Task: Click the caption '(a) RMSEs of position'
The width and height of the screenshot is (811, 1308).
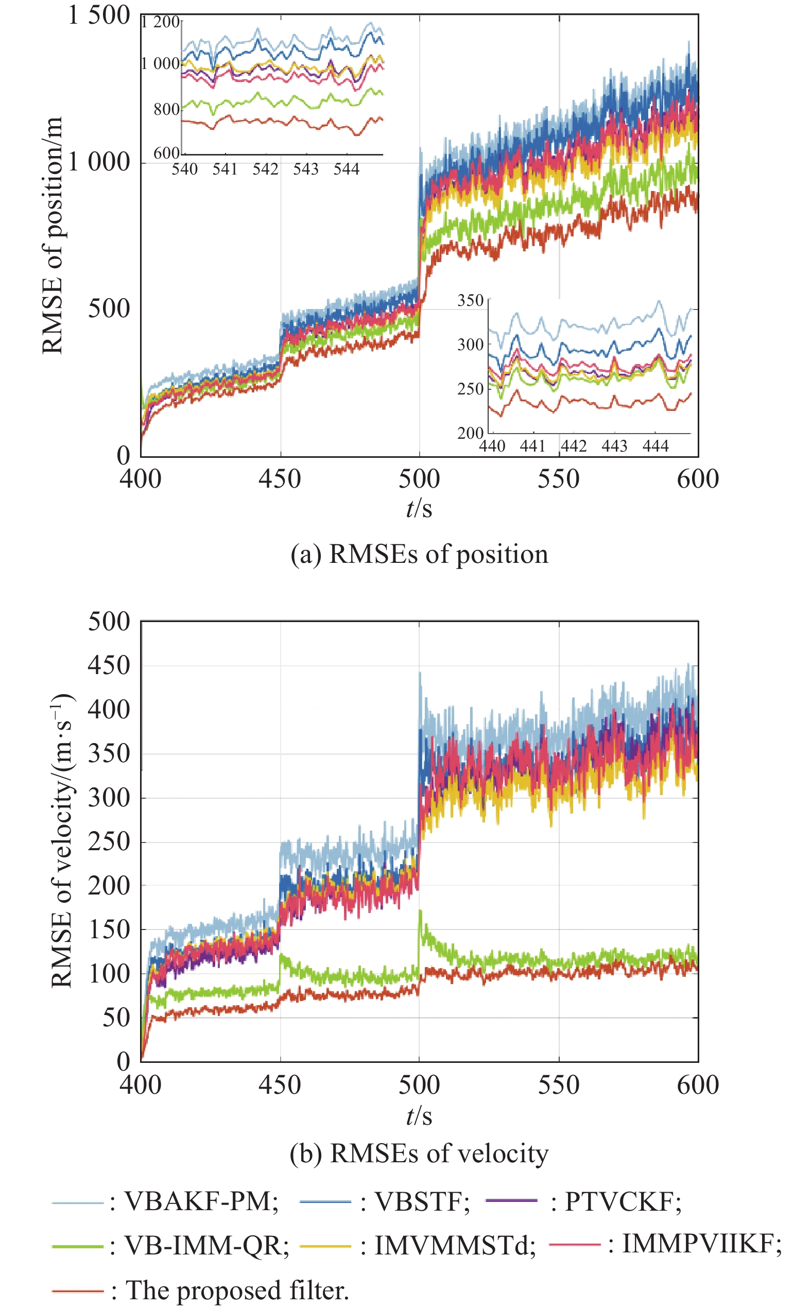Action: (420, 554)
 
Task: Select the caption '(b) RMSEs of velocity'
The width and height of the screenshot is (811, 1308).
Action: (420, 1153)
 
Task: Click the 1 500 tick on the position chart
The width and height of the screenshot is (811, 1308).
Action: (99, 15)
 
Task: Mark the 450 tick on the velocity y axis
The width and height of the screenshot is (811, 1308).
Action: (109, 665)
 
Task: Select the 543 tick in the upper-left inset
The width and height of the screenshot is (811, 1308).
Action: (306, 169)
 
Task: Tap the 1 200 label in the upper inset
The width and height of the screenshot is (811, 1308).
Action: (160, 22)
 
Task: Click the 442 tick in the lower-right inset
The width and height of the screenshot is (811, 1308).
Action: (574, 445)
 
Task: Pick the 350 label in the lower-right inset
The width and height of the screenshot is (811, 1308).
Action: (471, 300)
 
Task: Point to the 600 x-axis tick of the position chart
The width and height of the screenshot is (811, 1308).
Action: (697, 479)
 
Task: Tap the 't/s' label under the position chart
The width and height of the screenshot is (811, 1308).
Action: (419, 508)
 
